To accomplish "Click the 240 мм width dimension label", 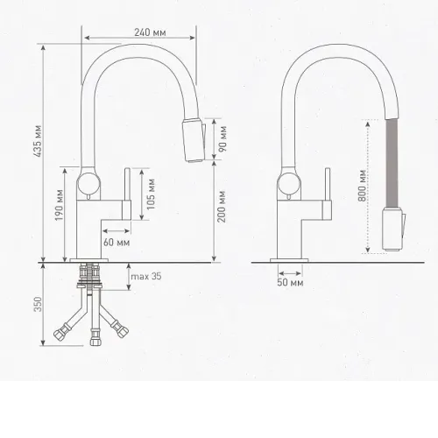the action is pos(150,32).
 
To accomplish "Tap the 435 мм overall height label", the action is pos(38,141).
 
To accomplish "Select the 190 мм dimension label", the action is pos(60,205).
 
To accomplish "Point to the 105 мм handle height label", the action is pos(151,194).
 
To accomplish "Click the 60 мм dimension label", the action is pos(117,243).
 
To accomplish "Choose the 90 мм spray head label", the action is pos(223,138).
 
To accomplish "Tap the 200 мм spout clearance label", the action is pos(222,207).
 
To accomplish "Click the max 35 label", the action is pos(146,276).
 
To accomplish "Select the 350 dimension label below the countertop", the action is pos(38,304).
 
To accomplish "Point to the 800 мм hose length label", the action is pos(362,186).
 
